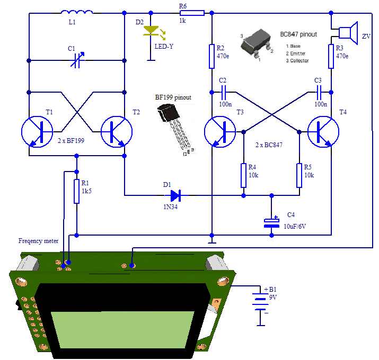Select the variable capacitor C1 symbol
pos(77,62)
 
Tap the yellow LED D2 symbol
pos(151,32)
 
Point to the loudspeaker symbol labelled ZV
pos(348,32)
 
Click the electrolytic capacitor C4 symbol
pos(271,223)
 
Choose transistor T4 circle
pos(323,131)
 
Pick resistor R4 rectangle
pos(243,175)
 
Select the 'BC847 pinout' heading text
pos(298,34)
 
